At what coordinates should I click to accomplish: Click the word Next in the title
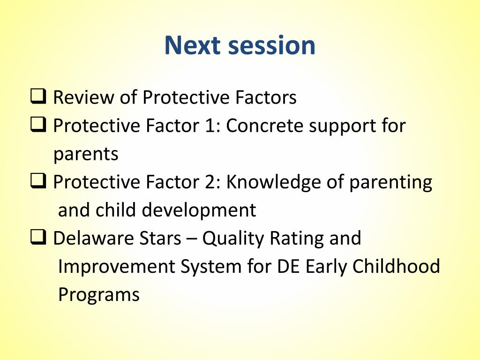click(x=193, y=45)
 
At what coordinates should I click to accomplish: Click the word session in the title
click(x=272, y=45)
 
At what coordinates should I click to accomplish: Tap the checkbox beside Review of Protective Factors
click(x=38, y=96)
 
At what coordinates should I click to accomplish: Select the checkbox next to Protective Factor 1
click(x=38, y=124)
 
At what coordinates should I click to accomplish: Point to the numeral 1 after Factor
click(x=210, y=126)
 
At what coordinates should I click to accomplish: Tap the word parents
click(x=86, y=154)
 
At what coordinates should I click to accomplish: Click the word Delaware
click(x=93, y=238)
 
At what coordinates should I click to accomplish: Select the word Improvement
click(x=116, y=267)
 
